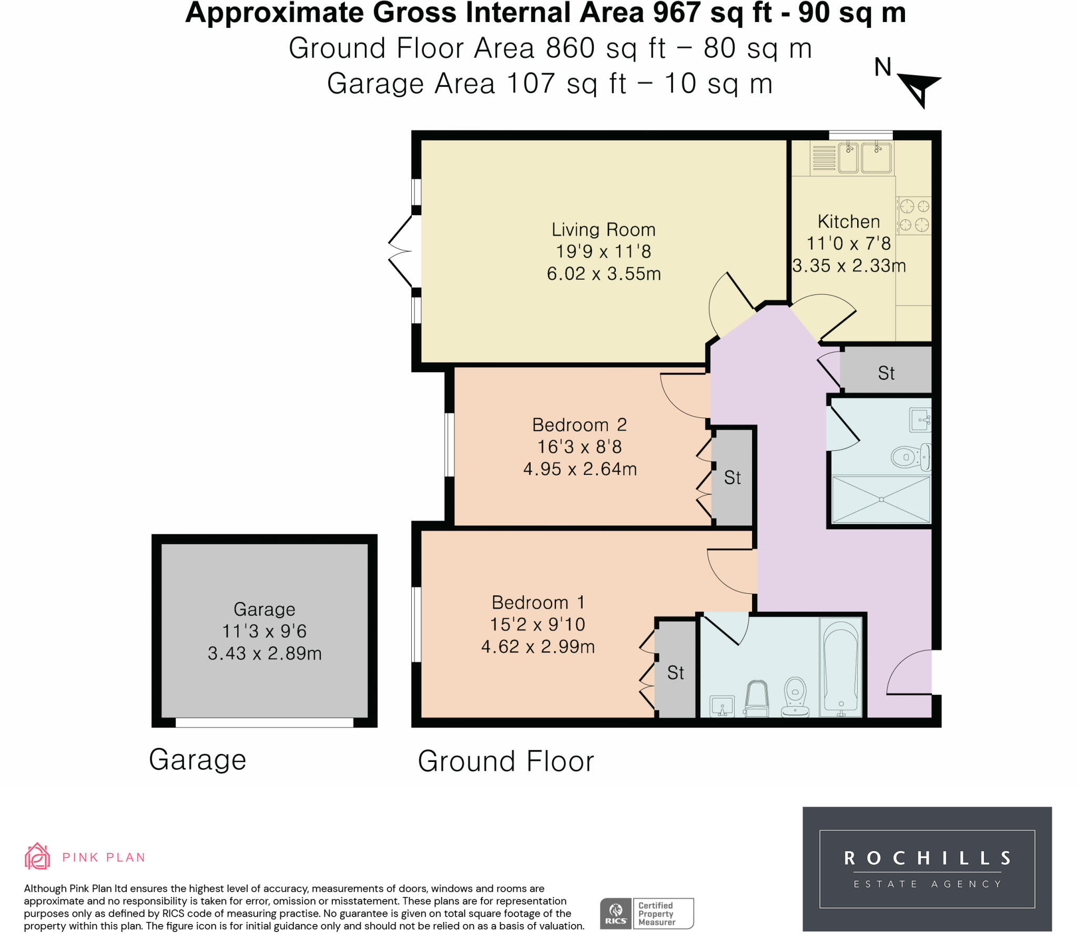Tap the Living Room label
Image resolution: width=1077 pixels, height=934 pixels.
(603, 230)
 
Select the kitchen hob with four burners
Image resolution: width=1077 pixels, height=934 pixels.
(913, 215)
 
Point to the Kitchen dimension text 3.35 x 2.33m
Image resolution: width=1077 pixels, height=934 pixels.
(849, 266)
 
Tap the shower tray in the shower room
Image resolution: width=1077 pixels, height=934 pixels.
(881, 499)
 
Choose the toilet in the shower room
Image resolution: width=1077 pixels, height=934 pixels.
(911, 456)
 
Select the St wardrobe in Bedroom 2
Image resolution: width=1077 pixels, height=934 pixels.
(733, 478)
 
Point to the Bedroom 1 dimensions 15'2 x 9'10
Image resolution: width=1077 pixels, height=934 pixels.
(537, 624)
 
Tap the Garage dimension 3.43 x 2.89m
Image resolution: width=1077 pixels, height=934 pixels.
(265, 653)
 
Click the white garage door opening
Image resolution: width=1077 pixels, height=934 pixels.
(265, 723)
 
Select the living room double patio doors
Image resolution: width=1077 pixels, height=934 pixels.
(401, 251)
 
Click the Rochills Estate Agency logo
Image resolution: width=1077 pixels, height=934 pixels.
(927, 869)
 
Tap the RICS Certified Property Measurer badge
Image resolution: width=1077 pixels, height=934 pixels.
(647, 913)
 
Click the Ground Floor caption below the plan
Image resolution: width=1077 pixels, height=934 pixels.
(506, 761)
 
